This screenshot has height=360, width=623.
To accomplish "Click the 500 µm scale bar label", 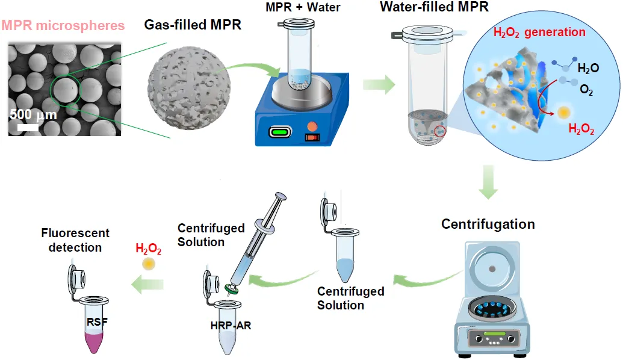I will (x=34, y=115).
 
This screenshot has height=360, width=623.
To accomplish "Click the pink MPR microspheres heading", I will (x=63, y=26).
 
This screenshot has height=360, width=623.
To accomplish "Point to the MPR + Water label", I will (x=303, y=8).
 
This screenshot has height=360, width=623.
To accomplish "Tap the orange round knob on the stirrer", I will (x=312, y=126).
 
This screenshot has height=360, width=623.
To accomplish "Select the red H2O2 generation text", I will (x=539, y=33).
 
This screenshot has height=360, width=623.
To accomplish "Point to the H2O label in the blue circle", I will (x=588, y=69).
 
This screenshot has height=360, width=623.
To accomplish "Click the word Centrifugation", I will (x=488, y=225).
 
